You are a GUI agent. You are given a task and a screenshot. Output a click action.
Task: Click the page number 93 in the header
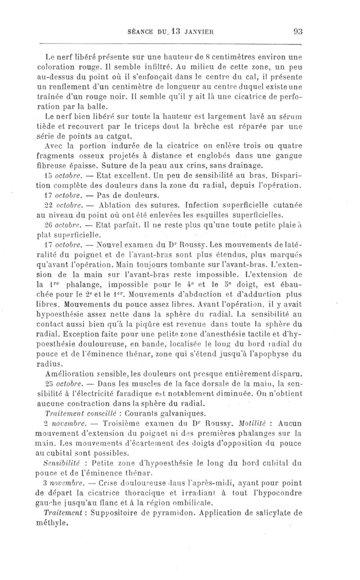coord(297,31)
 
